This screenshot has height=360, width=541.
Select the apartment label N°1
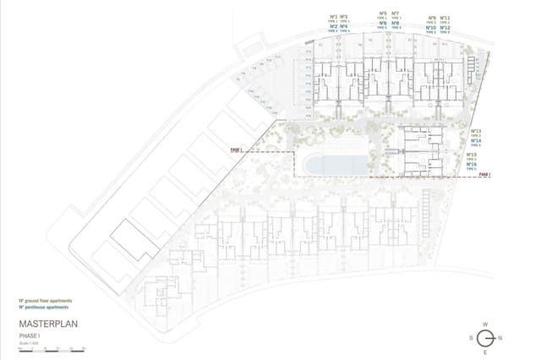coord(333,15)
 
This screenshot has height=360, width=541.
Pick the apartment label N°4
coord(344,26)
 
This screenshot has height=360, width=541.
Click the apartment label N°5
coord(382,14)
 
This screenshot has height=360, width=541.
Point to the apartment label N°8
coord(396,23)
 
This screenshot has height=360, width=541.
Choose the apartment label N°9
coord(431,18)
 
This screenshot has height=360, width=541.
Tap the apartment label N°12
coord(445,28)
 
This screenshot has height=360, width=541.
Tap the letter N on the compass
coord(501,337)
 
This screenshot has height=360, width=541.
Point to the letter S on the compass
coord(469,337)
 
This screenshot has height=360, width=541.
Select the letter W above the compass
coord(485,324)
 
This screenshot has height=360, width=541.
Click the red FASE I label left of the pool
coord(236,150)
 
